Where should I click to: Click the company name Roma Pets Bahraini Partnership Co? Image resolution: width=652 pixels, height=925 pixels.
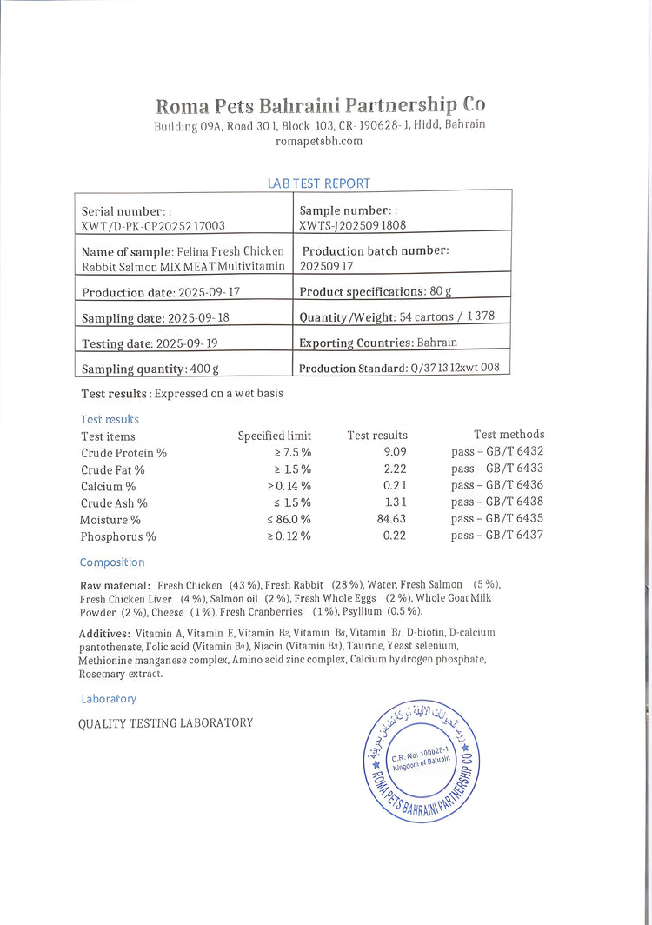click(320, 105)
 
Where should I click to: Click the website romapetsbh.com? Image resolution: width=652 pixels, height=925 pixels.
click(318, 141)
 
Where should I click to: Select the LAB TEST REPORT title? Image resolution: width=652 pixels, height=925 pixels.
click(319, 183)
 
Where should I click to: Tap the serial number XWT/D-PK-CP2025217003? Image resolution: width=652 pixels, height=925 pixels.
click(153, 226)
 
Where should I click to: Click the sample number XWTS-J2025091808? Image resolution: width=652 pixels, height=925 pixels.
click(353, 225)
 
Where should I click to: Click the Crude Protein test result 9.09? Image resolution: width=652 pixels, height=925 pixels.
click(395, 452)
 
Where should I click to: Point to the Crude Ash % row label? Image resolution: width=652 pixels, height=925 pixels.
click(114, 502)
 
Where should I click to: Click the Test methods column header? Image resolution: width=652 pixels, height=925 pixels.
click(509, 435)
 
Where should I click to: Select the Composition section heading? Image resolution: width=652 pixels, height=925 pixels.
click(112, 562)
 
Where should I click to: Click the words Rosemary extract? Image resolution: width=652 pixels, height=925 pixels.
click(120, 674)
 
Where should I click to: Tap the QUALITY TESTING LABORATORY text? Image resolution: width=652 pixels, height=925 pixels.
click(166, 723)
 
